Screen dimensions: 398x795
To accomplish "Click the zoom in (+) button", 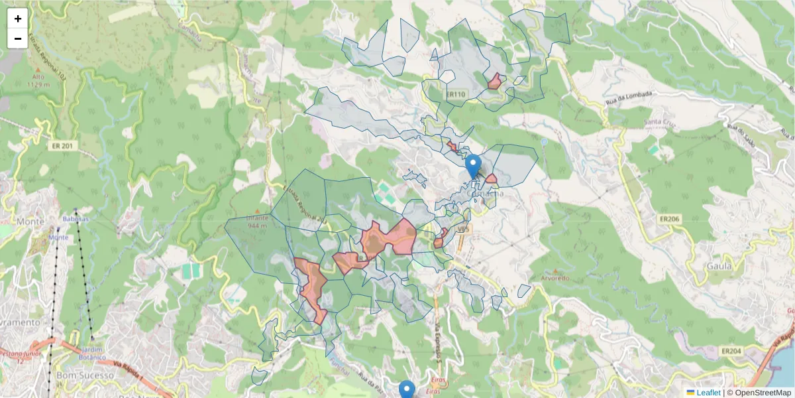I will pyautogui.click(x=18, y=18).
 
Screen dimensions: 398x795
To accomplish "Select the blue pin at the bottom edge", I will pyautogui.click(x=407, y=390).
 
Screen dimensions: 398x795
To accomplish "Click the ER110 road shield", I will pyautogui.click(x=454, y=95).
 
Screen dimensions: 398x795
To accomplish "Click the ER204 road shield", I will pyautogui.click(x=731, y=350).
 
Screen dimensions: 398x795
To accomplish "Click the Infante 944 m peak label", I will pyautogui.click(x=256, y=222).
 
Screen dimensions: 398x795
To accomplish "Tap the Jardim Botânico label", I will pyautogui.click(x=93, y=353).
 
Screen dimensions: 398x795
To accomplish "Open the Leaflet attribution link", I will pyautogui.click(x=708, y=393).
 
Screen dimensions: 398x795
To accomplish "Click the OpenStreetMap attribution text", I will pyautogui.click(x=761, y=393).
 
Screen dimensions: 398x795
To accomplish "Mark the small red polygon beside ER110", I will pyautogui.click(x=494, y=82).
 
